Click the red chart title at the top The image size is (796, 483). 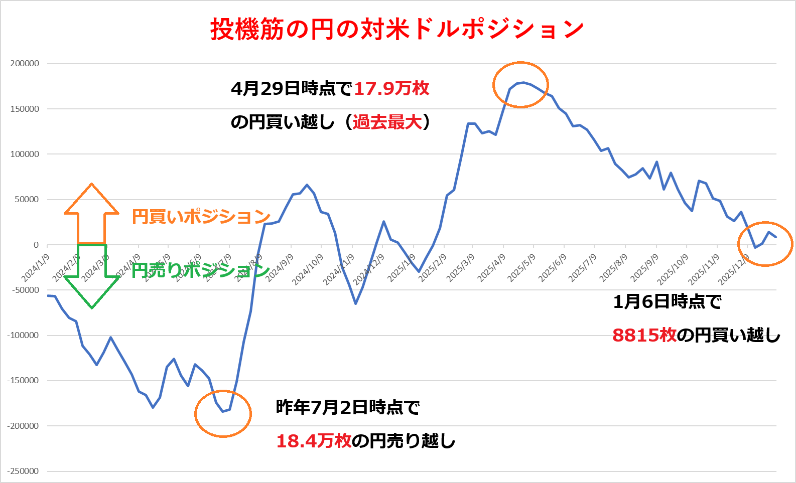396,29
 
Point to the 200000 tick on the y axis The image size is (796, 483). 25,64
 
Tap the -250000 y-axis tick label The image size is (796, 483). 23,471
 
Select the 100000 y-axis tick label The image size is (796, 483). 25,154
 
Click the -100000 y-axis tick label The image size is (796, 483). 23,335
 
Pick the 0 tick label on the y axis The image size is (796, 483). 36,245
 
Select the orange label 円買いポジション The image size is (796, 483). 201,217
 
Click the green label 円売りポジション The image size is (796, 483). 200,270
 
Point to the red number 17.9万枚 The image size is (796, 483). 391,89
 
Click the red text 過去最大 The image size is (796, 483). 387,122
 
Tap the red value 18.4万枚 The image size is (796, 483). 314,441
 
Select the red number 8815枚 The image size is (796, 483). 644,335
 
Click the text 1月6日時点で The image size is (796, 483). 667,301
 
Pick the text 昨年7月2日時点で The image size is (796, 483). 347,407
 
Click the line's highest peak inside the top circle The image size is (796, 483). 523,82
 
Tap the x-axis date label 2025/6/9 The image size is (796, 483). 552,268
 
